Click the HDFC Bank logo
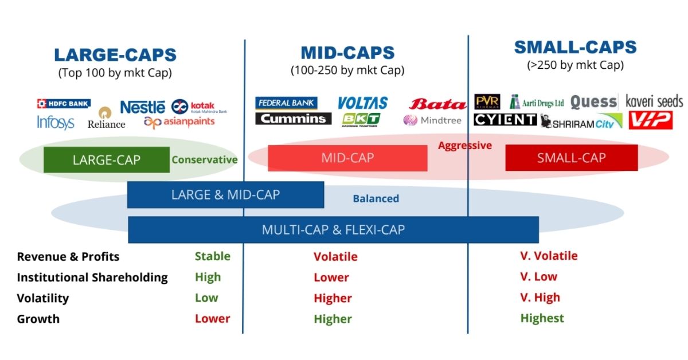pos(64,104)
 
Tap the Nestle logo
pos(142,107)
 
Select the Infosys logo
pos(56,122)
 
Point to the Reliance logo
pos(106,118)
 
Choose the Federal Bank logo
pos(286,103)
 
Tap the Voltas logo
pos(362,103)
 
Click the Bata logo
pos(437,104)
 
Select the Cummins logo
pos(293,119)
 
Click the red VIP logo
pos(650,120)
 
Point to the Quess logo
pos(593,103)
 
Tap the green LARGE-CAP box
pos(106,160)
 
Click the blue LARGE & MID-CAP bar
pos(225,195)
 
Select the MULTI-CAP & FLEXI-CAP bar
pos(333,230)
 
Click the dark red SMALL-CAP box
pos(571,158)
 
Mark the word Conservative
pos(204,160)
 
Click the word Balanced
pos(376,199)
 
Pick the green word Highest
pos(542,318)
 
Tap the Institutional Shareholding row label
pos(92,277)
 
